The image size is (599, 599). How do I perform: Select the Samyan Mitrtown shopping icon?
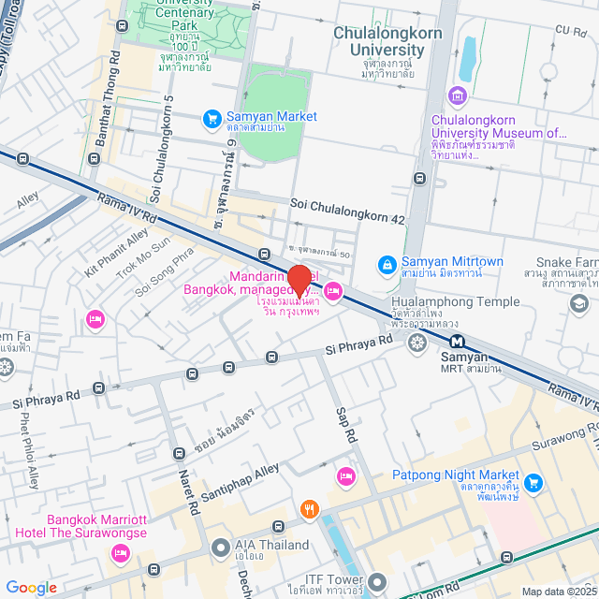click(x=386, y=266)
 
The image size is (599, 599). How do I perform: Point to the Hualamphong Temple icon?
click(x=417, y=343)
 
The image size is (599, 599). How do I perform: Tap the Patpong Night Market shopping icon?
click(x=533, y=483)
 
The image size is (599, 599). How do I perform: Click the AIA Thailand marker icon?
click(x=221, y=546)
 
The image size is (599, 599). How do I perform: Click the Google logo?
click(x=31, y=587)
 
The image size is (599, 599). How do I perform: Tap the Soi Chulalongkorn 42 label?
click(x=347, y=220)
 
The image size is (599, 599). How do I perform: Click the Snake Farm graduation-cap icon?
click(x=579, y=303)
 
